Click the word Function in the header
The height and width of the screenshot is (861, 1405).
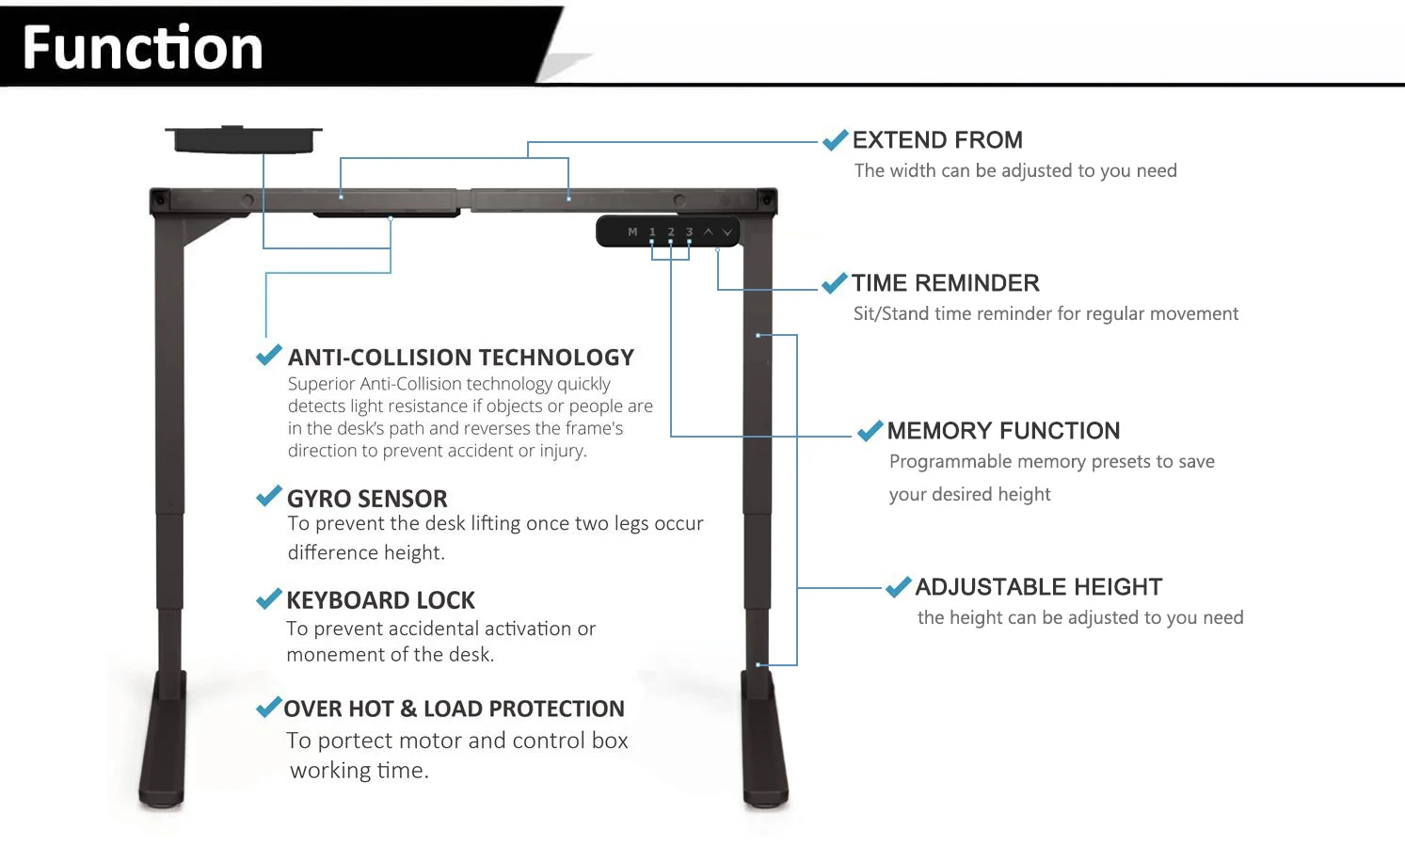pos(142,48)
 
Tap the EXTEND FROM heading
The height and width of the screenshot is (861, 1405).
pos(937,140)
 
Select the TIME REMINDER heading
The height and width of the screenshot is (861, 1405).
pos(945,283)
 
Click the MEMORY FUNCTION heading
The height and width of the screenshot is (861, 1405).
pos(1003,431)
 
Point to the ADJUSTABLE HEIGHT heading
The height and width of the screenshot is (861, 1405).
pos(1038,587)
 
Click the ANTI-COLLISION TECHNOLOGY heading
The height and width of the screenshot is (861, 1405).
pos(460,358)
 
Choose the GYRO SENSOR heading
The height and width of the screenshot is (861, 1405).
pos(367,499)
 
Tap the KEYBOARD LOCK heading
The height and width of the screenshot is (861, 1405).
pos(380,600)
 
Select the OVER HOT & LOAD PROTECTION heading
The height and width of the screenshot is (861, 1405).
pos(454,709)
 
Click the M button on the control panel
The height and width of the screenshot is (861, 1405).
pos(632,231)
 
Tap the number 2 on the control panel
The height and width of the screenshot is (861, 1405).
pos(671,231)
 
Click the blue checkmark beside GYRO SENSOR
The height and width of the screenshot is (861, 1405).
pos(269,496)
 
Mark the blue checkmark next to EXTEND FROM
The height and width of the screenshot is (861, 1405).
pos(835,140)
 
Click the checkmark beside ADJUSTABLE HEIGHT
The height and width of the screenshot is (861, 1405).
pos(898,586)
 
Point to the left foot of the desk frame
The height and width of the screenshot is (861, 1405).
pos(163,743)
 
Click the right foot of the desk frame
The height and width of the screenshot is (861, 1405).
pos(764,743)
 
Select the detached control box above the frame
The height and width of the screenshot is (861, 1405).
pos(244,139)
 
